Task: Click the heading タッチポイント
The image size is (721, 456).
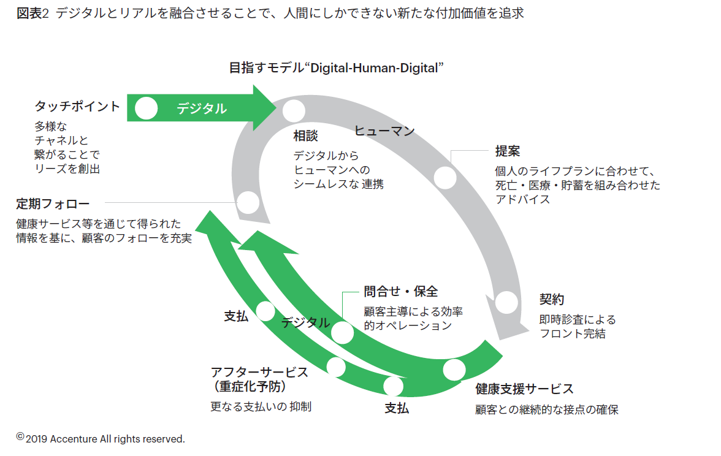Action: coord(77,106)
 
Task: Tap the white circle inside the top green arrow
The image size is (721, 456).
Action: coord(146,108)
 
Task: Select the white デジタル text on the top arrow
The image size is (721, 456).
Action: coord(202,108)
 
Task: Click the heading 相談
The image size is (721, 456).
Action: coord(306,135)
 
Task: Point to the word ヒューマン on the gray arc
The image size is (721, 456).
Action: coord(384,131)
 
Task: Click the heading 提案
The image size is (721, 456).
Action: coord(508,151)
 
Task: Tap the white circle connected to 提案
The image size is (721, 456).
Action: coord(445,178)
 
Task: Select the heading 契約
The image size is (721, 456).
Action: coord(551,300)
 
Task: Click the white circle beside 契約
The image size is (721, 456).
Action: coord(506,302)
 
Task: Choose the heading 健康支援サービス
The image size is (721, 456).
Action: coord(524,389)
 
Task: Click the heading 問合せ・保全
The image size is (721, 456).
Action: coord(401,292)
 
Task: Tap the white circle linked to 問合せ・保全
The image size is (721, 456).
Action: coord(342,333)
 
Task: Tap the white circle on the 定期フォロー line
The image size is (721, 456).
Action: coord(248,202)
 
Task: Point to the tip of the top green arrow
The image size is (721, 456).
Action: coord(276,108)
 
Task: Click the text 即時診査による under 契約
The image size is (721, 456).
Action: coord(577,319)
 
